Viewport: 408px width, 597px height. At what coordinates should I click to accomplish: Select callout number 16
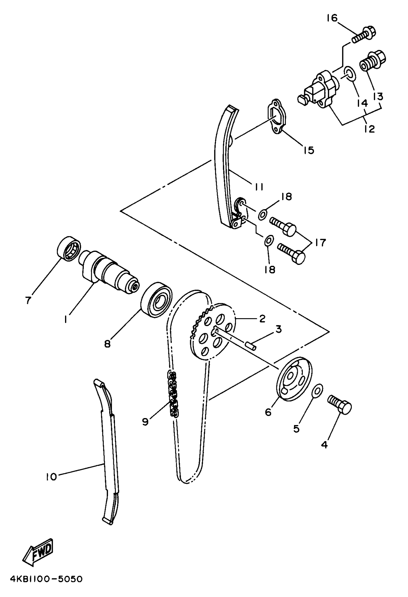pyautogui.click(x=332, y=18)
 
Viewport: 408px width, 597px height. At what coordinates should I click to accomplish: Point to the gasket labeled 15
pyautogui.click(x=276, y=117)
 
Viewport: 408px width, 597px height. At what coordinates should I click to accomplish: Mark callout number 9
pyautogui.click(x=145, y=421)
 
